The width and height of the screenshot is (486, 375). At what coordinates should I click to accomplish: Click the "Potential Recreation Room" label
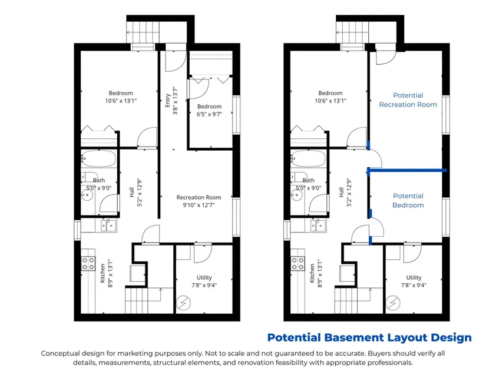coord(408,100)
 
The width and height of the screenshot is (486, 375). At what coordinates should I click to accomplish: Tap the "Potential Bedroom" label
coord(408,200)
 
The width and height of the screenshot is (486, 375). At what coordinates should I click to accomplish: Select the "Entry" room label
coord(168,100)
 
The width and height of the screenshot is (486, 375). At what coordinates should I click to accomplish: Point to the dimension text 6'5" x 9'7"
coord(209,114)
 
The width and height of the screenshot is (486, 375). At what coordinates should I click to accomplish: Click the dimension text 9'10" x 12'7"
coord(199,205)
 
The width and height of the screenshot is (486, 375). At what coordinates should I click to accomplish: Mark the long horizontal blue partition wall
coord(407,170)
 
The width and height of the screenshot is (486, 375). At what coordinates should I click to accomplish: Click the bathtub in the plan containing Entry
coord(99,158)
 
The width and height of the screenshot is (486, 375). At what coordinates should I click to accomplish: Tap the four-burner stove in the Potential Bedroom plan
coord(297,264)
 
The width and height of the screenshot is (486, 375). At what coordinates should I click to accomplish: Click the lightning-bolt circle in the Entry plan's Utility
coord(183,303)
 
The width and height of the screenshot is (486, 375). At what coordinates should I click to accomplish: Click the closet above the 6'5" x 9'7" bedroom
coord(211,63)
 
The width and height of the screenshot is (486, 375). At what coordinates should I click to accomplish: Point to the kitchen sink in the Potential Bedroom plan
coord(318,225)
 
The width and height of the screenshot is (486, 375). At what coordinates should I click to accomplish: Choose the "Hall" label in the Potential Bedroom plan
coord(341,193)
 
